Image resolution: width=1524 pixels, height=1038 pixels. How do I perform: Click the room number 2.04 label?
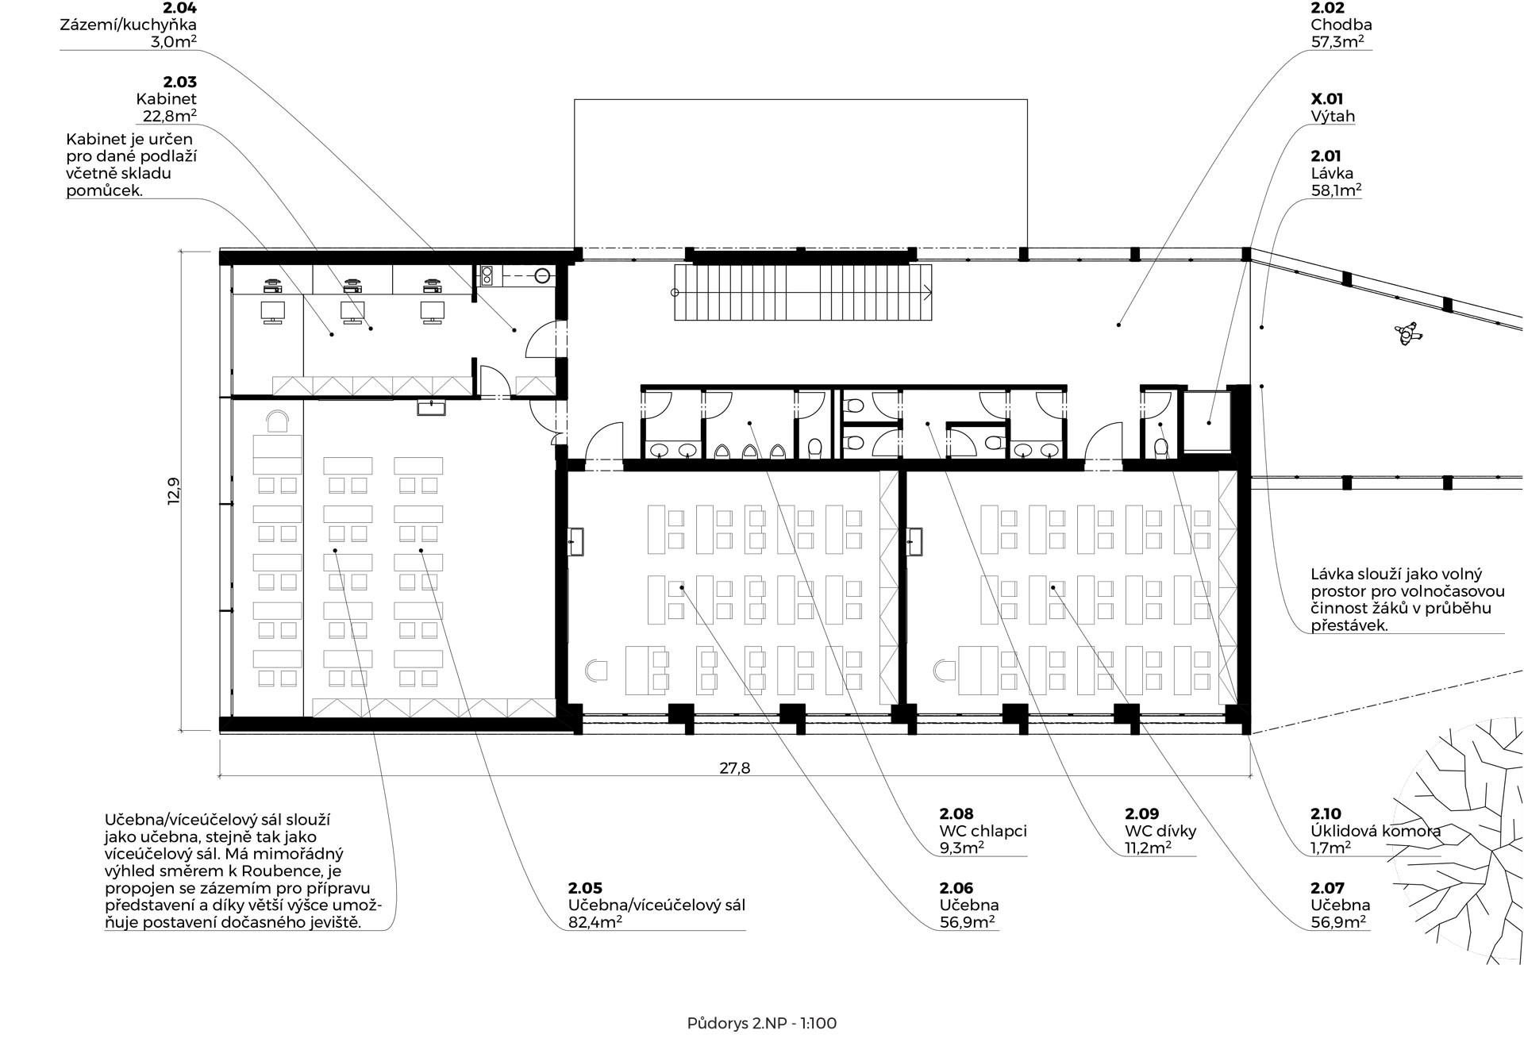[179, 8]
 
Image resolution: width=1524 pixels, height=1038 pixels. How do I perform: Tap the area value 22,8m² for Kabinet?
[170, 116]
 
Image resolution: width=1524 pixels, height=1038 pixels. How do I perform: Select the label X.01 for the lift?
[1327, 99]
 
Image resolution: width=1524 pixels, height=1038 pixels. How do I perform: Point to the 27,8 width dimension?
[734, 767]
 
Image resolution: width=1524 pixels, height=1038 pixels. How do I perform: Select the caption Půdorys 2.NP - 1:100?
[762, 1023]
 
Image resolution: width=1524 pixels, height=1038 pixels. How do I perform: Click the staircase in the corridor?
[802, 292]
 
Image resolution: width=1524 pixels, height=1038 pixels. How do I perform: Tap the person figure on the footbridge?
[1409, 333]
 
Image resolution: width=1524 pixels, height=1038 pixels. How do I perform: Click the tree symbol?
[1460, 841]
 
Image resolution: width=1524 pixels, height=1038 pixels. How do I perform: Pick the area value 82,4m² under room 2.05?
[595, 922]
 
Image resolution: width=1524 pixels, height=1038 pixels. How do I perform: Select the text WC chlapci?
[983, 831]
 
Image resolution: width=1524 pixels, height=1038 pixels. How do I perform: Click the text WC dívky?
[1160, 831]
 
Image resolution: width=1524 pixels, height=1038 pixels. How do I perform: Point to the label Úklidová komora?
[1376, 831]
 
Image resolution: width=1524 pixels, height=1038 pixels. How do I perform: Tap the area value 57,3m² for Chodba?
[1337, 41]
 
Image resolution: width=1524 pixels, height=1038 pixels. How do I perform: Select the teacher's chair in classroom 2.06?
[596, 670]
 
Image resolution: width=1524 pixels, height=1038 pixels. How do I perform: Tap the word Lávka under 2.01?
[1332, 173]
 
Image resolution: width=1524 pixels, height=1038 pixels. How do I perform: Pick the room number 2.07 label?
[1328, 888]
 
